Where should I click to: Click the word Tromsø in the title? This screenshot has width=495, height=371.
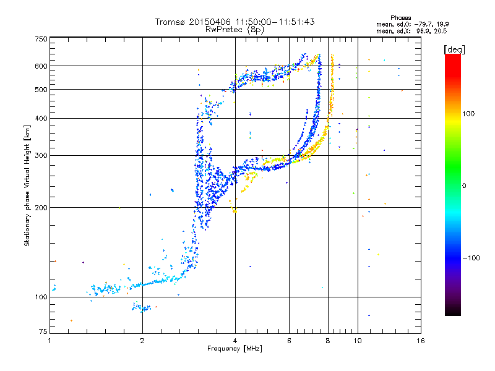point(171,22)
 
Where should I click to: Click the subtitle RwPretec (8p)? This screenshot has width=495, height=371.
point(235,30)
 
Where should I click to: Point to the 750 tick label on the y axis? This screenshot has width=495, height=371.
point(41,39)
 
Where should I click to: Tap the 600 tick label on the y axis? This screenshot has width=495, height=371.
point(41,66)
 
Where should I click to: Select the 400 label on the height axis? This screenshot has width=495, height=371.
point(41,118)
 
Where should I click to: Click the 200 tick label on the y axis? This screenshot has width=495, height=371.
point(41,208)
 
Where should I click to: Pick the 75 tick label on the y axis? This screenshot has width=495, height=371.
point(43,331)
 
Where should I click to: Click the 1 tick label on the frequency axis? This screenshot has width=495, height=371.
point(49,341)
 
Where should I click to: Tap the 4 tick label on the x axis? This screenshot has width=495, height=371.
point(235,341)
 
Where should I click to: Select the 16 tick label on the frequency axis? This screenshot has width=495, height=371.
point(421,341)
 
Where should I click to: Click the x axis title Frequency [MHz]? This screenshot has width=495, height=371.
point(235,349)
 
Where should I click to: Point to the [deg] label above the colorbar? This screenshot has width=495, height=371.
point(455,49)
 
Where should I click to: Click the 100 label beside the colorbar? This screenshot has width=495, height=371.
point(468,114)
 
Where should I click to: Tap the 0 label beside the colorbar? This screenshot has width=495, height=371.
point(464,185)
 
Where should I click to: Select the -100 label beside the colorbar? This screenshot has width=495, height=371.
point(471,258)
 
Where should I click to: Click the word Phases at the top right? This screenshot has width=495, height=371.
point(400,18)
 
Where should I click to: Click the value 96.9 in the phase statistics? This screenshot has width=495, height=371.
point(422,32)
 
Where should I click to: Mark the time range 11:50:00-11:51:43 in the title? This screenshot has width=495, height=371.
point(275,22)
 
